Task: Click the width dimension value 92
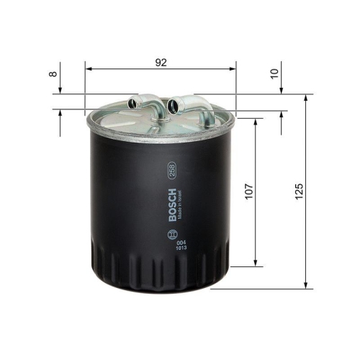(x=161, y=63)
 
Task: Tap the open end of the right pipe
(x=172, y=108)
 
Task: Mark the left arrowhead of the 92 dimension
(x=88, y=69)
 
